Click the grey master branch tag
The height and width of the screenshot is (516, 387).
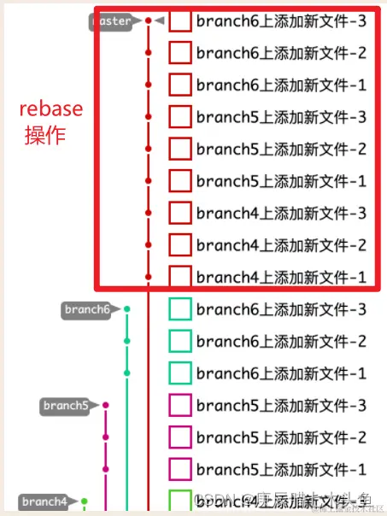click(x=113, y=21)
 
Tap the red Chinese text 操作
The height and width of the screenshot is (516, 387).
click(x=45, y=136)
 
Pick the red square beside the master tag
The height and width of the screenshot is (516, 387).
click(x=179, y=21)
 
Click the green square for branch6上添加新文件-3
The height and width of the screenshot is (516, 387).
click(x=179, y=309)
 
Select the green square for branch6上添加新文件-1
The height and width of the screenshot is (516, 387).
click(x=179, y=373)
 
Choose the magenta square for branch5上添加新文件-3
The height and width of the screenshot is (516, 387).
click(x=179, y=405)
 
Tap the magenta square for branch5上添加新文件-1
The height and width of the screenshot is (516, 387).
click(x=179, y=469)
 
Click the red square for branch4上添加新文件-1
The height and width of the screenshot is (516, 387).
click(x=179, y=277)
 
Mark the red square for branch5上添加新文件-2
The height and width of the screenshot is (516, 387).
click(x=179, y=150)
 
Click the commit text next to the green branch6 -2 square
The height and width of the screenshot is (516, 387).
click(x=281, y=342)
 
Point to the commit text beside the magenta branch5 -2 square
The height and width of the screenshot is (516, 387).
click(x=281, y=437)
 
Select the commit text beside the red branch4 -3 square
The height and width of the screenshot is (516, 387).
click(x=281, y=213)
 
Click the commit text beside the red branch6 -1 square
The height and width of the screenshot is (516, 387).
click(x=281, y=85)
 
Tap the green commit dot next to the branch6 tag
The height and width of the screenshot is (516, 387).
click(x=127, y=309)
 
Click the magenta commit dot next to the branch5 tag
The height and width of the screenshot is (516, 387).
click(x=106, y=405)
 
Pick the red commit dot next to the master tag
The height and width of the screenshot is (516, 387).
click(x=149, y=21)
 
